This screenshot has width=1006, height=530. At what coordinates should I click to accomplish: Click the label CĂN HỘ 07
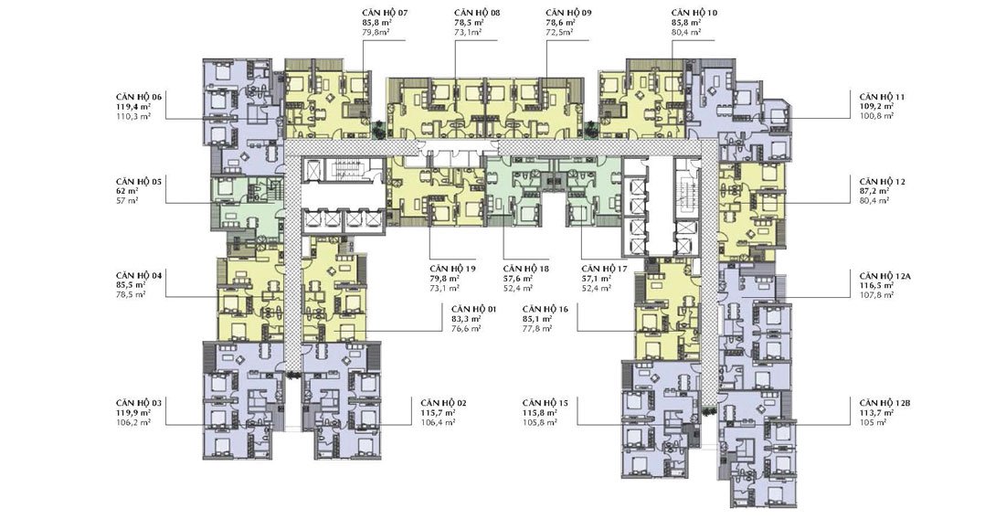point(385,13)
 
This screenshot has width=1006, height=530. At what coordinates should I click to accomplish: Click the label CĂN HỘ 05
point(139,182)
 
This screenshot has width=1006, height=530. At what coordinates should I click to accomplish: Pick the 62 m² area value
point(127,191)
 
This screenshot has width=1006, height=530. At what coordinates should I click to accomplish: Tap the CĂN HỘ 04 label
point(139,275)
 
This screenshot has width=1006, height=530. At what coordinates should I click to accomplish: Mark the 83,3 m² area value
point(466,319)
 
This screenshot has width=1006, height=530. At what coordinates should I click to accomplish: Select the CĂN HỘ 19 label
point(453,269)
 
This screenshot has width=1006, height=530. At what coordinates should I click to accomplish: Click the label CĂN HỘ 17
point(604,269)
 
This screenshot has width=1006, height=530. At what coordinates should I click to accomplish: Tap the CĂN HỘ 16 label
point(545,309)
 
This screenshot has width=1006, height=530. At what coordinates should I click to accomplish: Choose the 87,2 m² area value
point(874,191)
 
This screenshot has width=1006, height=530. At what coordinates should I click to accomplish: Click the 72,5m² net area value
point(559,31)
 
